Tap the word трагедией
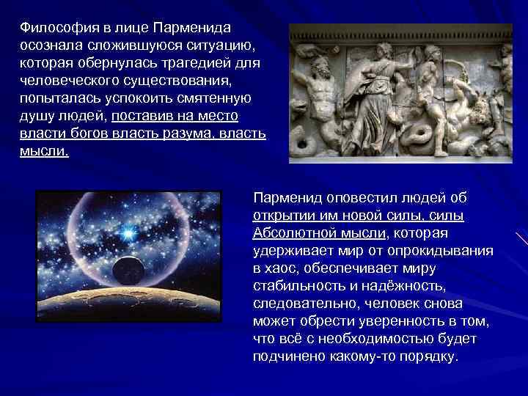coord(192,63)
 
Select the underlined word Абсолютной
coord(290,234)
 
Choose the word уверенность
coord(416,322)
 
